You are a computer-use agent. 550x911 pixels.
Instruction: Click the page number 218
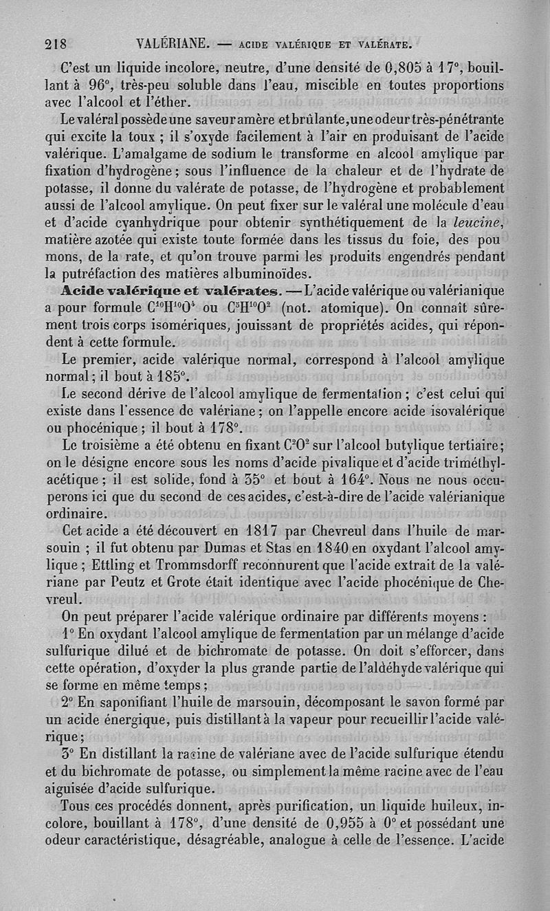click(54, 45)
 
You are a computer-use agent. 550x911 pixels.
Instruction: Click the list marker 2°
click(68, 702)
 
